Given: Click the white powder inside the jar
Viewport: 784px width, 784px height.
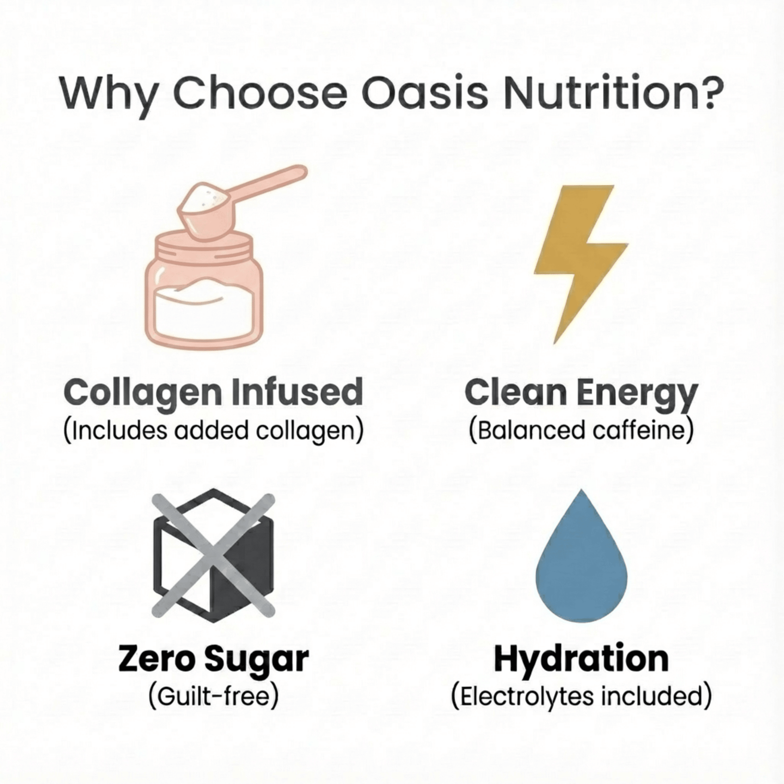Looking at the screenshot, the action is pos(204,309).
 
